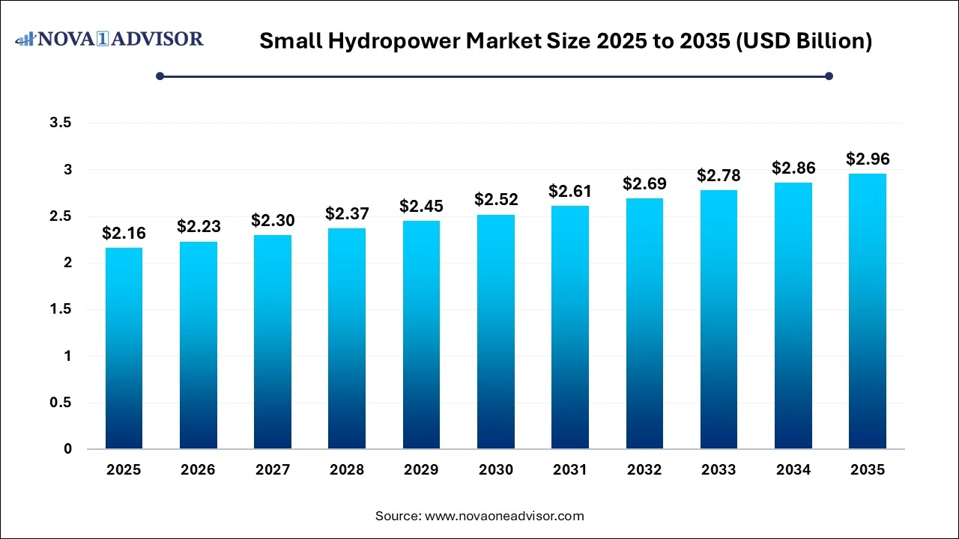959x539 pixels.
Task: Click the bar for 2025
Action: point(124,348)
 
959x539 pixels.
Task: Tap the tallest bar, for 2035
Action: point(868,311)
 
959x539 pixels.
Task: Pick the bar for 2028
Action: point(347,338)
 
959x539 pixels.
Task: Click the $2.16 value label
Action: point(124,234)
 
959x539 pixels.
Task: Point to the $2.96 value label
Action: point(868,159)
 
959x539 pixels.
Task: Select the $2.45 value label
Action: point(421,206)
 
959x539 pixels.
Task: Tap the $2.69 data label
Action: point(644,183)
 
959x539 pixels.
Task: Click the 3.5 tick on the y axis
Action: point(61,123)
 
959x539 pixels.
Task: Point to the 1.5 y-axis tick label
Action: point(61,309)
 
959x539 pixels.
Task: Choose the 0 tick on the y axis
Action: point(67,449)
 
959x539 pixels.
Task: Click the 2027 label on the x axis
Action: point(272,470)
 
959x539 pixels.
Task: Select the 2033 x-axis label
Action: point(719,470)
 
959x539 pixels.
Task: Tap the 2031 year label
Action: point(569,470)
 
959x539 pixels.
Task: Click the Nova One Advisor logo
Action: point(109,38)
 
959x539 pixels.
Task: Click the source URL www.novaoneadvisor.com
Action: point(503,516)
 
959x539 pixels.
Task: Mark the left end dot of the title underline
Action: point(160,76)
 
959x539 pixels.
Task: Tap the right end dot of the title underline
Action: point(829,76)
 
